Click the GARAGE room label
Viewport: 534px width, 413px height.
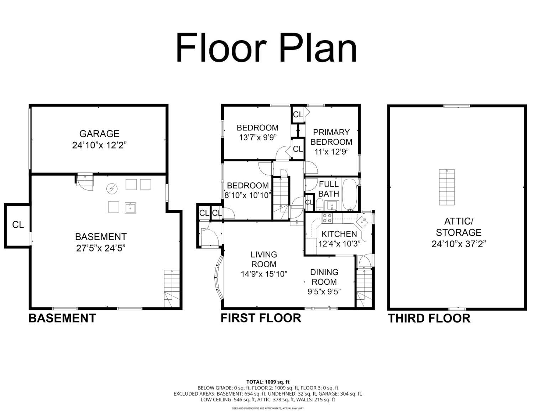coord(99,134)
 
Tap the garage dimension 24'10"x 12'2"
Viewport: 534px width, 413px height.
coord(99,145)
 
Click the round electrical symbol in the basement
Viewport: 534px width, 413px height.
coord(112,189)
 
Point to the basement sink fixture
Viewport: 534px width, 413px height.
coord(130,208)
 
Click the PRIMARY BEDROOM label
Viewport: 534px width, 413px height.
coord(331,137)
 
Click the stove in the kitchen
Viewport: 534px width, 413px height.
coord(327,218)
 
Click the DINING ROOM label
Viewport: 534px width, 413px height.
coord(324,277)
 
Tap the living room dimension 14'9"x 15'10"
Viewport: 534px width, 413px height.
coord(264,274)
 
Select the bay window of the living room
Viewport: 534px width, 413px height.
coord(219,277)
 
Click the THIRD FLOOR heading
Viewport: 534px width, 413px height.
coord(429,318)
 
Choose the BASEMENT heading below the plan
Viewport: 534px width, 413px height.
coord(62,318)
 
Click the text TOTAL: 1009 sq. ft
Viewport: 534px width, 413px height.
coord(268,382)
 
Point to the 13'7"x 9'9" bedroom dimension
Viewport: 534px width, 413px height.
coord(258,137)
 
